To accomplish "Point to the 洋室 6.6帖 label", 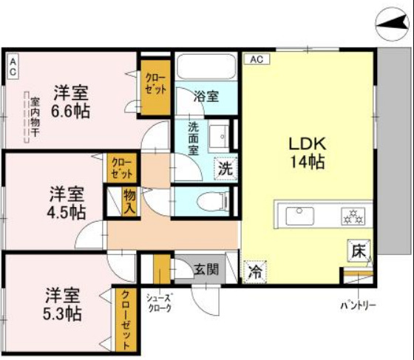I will [71, 103].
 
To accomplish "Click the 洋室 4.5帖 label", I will [67, 202].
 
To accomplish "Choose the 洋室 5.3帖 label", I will [62, 302].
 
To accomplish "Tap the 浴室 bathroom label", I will [206, 96].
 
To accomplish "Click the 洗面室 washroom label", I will [193, 137].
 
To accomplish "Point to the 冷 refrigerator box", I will [254, 271].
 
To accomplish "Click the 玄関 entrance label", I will [206, 268].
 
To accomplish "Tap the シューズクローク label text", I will [159, 303].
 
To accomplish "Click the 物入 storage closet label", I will [129, 200].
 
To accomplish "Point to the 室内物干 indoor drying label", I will [34, 117].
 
